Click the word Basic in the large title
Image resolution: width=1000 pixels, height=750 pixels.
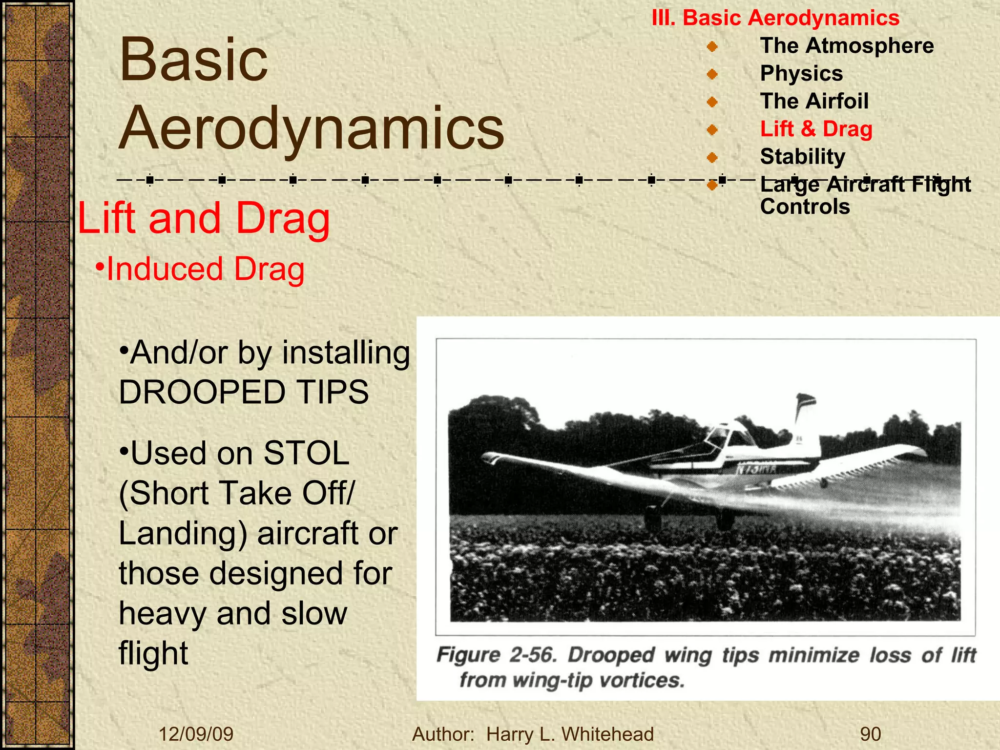(x=194, y=60)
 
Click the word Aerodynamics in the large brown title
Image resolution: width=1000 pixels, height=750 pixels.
(x=312, y=128)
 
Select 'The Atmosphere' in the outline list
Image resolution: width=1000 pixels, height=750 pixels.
(x=847, y=46)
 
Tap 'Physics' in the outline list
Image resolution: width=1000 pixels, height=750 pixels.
(x=801, y=74)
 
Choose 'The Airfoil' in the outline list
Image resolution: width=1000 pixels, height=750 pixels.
(x=814, y=102)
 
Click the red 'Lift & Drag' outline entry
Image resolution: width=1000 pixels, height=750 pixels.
(x=816, y=129)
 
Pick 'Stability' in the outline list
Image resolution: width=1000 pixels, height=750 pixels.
(x=802, y=157)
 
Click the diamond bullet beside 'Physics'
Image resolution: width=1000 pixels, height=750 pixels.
(x=712, y=74)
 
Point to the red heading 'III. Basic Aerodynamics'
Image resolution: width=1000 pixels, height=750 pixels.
(x=775, y=18)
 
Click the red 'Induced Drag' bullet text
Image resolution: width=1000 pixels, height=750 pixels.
(x=205, y=269)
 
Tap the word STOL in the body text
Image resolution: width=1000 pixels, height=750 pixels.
(x=306, y=453)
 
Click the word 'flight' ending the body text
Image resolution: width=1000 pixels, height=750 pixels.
(x=153, y=653)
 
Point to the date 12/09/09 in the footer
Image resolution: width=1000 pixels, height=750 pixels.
(x=196, y=734)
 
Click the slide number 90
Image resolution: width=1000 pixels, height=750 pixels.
(x=870, y=734)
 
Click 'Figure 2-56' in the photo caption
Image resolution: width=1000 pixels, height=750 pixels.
(x=496, y=655)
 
